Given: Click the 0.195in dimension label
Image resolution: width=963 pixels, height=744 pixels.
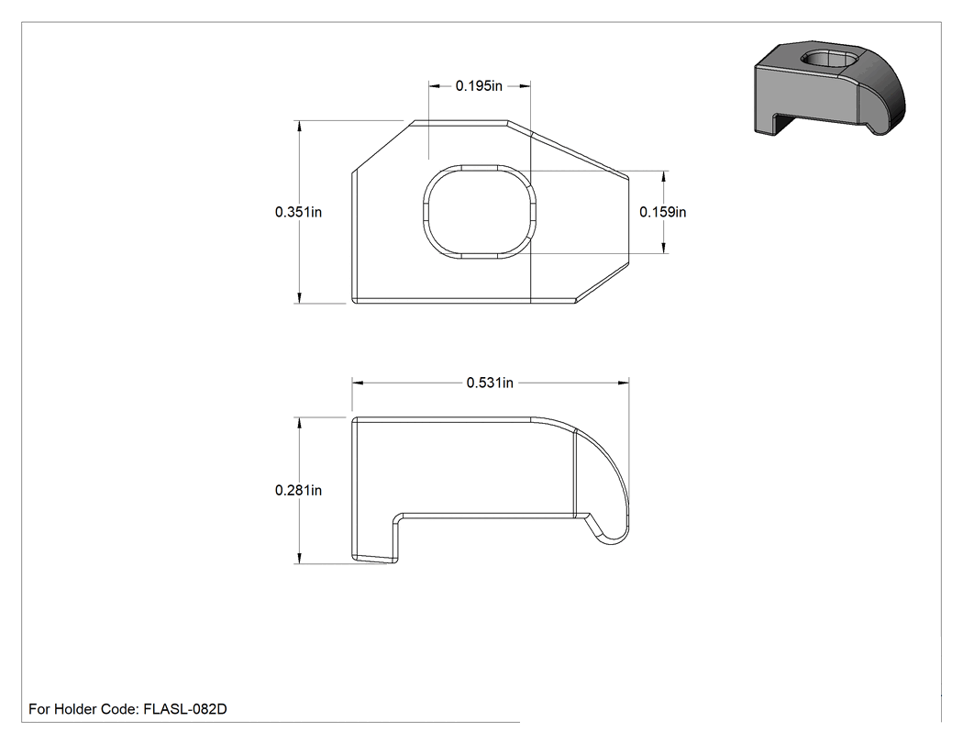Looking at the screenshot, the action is pos(479,86).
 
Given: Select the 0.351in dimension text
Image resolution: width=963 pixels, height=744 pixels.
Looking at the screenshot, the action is pos(298,212).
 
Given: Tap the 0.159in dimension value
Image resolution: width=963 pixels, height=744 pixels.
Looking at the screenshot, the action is pos(663,212).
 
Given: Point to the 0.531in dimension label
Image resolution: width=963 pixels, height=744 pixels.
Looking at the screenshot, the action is pos(490,383).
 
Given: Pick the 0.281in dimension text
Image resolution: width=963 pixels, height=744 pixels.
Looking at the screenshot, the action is pos(298,490).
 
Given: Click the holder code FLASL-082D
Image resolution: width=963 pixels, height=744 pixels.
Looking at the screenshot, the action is pos(185,709).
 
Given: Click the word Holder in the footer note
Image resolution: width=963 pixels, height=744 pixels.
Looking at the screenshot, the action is pos(74,709).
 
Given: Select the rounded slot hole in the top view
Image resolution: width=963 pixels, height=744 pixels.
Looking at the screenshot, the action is pos(480,212).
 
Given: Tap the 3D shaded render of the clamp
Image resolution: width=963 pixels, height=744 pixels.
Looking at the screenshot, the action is pos(830,88).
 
